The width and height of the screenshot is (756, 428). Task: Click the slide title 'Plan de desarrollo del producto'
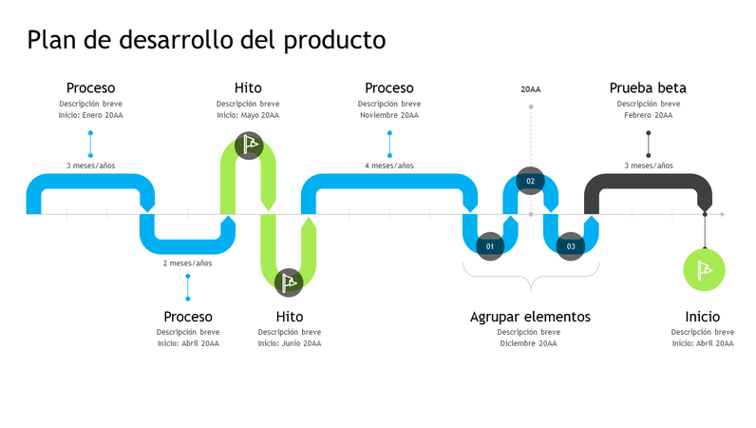click(x=206, y=39)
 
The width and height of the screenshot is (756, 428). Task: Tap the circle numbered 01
click(x=490, y=246)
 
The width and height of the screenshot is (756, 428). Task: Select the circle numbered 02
click(x=530, y=181)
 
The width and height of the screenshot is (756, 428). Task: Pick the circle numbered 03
click(x=571, y=246)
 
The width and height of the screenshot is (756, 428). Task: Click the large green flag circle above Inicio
click(x=704, y=269)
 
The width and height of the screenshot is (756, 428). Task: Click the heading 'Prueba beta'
click(x=648, y=88)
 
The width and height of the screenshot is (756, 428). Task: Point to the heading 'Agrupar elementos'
click(x=530, y=317)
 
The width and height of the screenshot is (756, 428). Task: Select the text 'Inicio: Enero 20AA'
click(x=90, y=115)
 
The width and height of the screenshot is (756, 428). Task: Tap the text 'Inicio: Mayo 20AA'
click(x=248, y=115)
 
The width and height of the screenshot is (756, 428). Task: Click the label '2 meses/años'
click(x=187, y=263)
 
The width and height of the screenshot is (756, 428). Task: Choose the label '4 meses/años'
click(x=389, y=165)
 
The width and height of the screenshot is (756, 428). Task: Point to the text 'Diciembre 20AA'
click(x=529, y=343)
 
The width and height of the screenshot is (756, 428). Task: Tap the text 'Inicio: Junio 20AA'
click(x=289, y=343)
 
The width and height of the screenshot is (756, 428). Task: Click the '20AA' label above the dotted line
click(x=530, y=89)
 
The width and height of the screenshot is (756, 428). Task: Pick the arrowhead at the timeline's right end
click(x=722, y=215)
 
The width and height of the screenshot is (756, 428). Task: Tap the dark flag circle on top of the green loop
click(x=248, y=146)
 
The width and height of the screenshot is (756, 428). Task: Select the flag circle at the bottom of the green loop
click(x=289, y=282)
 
